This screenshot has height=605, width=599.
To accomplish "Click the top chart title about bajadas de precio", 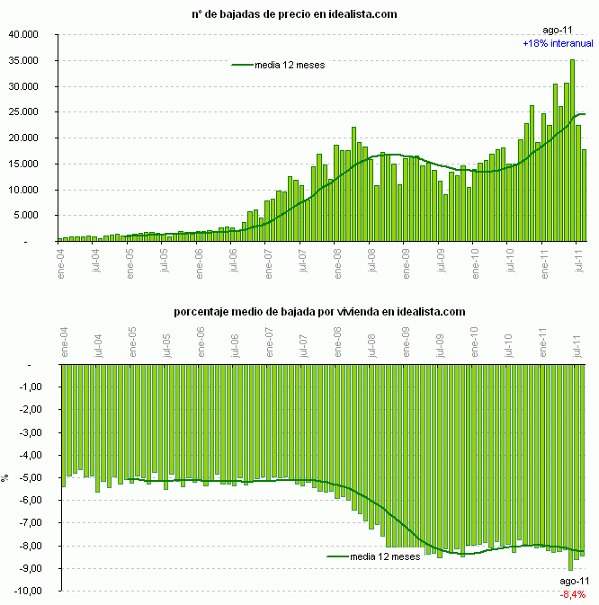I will (x=294, y=14).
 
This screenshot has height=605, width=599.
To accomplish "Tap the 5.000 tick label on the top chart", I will (x=26, y=216).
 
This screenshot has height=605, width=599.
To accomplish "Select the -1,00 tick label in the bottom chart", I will (x=27, y=387).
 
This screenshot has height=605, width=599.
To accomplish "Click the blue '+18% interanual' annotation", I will (x=558, y=43).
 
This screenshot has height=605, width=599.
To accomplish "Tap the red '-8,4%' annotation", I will (x=573, y=595).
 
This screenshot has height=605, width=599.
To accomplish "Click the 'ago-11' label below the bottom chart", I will (x=574, y=583).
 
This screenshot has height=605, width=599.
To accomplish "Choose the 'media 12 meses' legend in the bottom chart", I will (x=372, y=556).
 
